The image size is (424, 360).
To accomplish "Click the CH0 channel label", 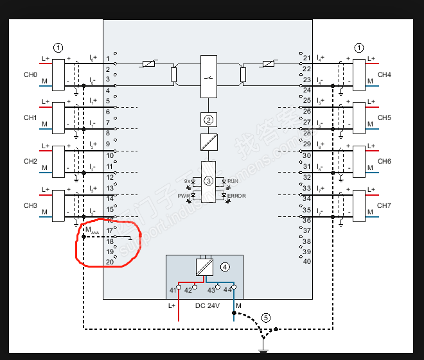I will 30,75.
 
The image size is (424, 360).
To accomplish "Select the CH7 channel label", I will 384,205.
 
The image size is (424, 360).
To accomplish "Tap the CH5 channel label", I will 384,118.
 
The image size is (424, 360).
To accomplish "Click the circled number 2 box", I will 208,119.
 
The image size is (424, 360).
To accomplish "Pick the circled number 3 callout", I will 208,181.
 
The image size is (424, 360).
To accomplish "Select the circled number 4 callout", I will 225,266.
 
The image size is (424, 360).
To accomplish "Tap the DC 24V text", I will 208,306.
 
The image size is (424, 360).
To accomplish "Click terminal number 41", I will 172,291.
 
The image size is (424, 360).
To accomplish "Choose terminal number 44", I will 227,291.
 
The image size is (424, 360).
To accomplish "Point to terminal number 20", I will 109,262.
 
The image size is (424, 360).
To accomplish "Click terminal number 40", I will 306,261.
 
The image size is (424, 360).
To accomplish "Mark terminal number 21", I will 306,58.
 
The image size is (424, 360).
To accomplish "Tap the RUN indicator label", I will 233,182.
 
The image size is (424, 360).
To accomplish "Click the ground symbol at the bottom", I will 262,350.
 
